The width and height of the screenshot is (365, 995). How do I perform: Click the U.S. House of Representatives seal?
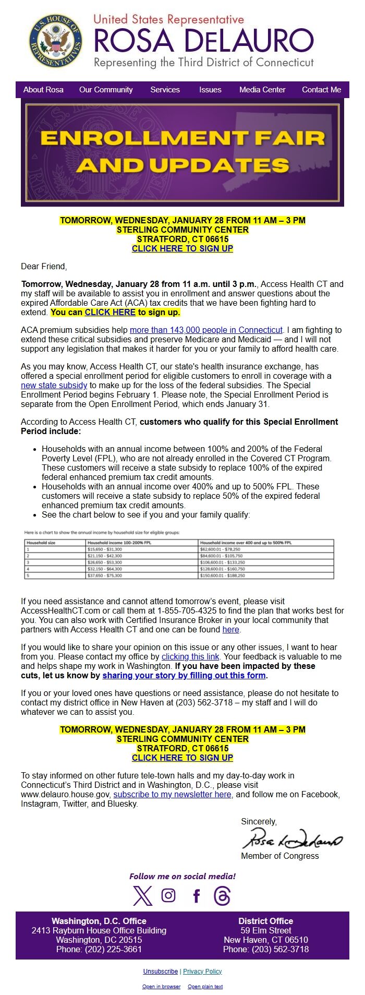(55, 41)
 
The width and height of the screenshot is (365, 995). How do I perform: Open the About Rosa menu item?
(43, 90)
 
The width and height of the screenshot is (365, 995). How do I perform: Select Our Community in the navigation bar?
(106, 90)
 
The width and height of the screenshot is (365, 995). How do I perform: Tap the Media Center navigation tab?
(262, 90)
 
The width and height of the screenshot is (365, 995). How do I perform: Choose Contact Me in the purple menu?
(321, 90)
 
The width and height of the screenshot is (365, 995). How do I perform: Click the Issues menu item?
(210, 90)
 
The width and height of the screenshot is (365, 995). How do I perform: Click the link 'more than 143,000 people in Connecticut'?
(206, 330)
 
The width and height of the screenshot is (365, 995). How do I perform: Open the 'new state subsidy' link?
(54, 386)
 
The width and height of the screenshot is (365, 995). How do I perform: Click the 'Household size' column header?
(42, 543)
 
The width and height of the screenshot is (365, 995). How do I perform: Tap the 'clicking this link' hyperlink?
(190, 657)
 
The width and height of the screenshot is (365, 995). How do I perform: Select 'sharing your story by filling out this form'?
(184, 676)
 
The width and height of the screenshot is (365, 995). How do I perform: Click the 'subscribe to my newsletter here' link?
(172, 795)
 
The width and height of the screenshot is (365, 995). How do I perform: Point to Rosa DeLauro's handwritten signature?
(292, 840)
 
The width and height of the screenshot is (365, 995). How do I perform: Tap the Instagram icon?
(168, 896)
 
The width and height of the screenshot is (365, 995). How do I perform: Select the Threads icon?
(222, 896)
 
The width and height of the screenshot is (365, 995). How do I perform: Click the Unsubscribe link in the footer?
(161, 972)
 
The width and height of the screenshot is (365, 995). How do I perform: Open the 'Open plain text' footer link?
(205, 987)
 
